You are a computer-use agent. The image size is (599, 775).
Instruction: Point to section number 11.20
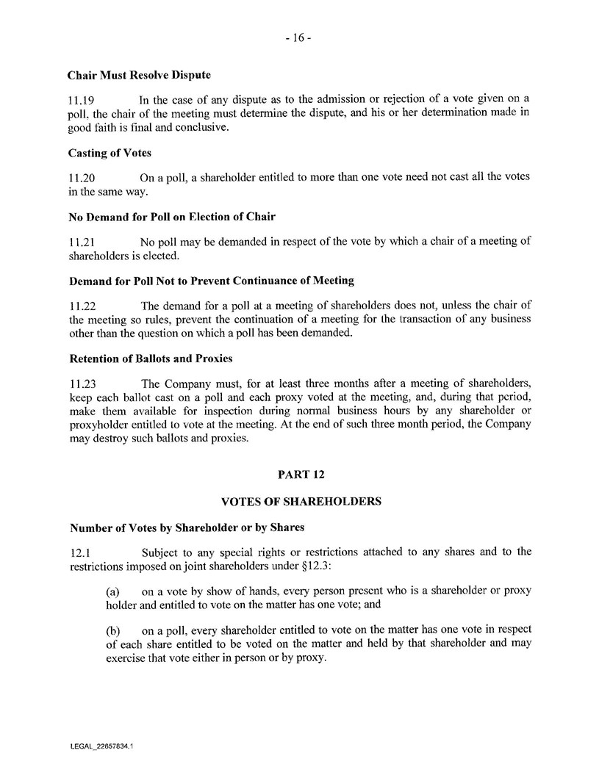(x=82, y=177)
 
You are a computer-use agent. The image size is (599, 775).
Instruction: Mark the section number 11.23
(x=82, y=383)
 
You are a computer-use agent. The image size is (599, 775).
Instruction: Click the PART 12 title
(x=301, y=475)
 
